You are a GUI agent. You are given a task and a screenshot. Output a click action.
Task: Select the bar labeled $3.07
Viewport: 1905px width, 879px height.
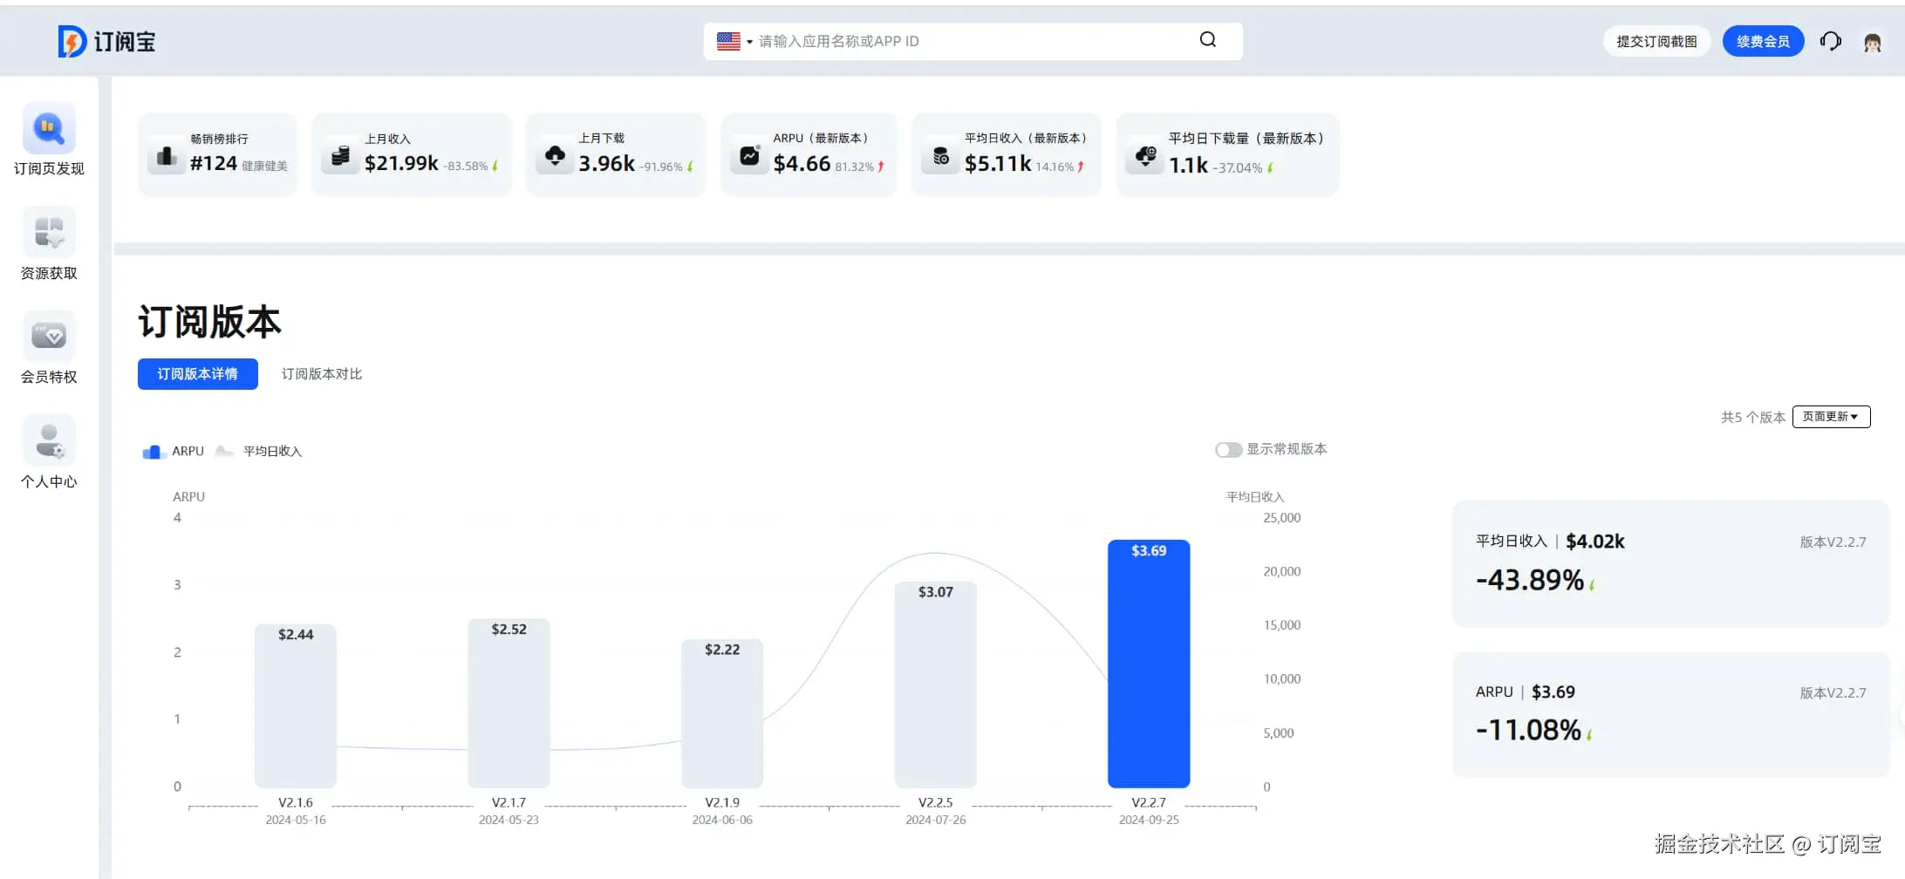coord(935,685)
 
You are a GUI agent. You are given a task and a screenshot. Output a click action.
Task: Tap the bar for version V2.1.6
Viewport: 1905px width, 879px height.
coord(296,706)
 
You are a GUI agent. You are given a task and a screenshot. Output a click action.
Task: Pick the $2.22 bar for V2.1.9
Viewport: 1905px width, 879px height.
coord(721,713)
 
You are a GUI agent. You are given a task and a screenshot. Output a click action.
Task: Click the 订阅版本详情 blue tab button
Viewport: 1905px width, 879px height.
coord(198,374)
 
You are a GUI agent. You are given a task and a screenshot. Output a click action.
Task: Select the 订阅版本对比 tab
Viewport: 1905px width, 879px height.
coord(321,374)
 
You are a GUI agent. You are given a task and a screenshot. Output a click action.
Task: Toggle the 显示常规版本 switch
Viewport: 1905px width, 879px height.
coord(1228,450)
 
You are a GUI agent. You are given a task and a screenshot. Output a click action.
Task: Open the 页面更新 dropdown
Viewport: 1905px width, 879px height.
coord(1831,417)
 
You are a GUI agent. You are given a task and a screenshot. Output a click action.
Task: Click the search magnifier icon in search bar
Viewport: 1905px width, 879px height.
coord(1207,40)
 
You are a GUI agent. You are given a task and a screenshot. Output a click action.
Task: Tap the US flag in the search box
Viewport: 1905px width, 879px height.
coord(728,41)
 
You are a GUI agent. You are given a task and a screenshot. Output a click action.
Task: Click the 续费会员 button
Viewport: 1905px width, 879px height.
coord(1763,42)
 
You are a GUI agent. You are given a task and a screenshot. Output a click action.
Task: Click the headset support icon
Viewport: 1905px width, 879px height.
coord(1830,42)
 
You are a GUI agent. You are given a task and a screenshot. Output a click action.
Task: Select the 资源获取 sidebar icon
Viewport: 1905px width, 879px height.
coord(49,233)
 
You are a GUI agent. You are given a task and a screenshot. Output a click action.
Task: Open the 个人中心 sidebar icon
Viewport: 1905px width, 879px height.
coord(49,441)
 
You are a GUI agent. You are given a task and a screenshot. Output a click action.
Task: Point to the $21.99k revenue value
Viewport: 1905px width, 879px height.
coord(401,164)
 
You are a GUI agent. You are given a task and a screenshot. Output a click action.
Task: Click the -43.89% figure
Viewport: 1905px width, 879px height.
coord(1530,581)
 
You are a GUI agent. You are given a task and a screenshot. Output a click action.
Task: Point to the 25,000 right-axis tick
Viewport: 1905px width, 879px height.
coord(1281,518)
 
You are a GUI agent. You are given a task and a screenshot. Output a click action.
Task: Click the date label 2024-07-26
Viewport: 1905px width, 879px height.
coord(935,821)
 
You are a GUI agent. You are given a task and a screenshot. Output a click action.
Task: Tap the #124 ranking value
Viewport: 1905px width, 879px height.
coord(214,164)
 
